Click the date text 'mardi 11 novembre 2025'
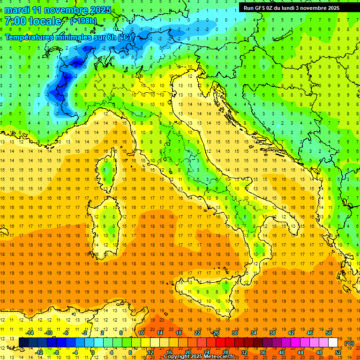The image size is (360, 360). click(59, 10)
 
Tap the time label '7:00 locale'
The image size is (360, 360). click(33, 21)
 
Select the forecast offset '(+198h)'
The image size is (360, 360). click(83, 21)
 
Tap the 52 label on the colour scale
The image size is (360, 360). click(338, 352)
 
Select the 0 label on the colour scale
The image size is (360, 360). click(92, 352)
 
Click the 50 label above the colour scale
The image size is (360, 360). click(328, 333)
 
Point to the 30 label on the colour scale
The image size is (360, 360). click(234, 333)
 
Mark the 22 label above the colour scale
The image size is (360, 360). click(197, 333)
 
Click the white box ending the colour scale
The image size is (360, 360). click(333, 343)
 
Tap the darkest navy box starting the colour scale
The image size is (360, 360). click(24, 343)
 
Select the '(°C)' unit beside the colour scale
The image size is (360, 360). click(349, 343)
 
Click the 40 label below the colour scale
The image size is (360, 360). click(282, 352)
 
